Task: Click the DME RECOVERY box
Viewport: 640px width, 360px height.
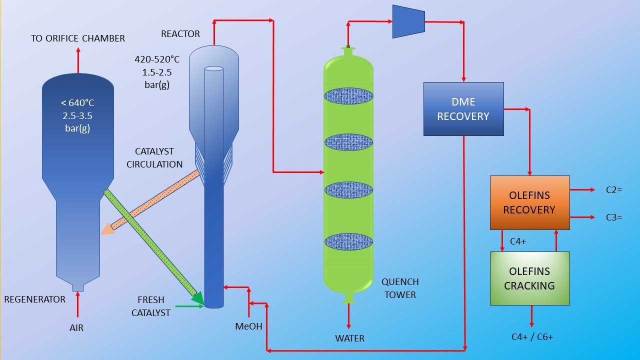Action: (x=463, y=109)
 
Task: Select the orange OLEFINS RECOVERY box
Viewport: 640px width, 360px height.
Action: (x=529, y=202)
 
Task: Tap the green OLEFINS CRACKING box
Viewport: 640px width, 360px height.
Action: (x=529, y=278)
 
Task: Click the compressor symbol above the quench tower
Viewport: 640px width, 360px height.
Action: (x=408, y=21)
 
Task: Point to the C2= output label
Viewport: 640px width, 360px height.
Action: (x=613, y=190)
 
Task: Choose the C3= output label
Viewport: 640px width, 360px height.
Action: (x=613, y=217)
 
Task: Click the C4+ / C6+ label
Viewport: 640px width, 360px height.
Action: (x=532, y=337)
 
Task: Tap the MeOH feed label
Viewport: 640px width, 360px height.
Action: (x=248, y=326)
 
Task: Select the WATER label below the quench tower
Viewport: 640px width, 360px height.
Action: (x=349, y=338)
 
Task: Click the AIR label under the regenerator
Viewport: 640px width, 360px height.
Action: (x=76, y=328)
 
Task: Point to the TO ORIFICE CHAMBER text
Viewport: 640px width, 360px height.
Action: (x=78, y=38)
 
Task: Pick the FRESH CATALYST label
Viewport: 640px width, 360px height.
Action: (x=150, y=306)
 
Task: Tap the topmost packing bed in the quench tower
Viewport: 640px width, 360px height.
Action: (x=348, y=95)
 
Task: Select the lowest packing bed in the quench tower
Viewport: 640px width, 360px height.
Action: (x=348, y=242)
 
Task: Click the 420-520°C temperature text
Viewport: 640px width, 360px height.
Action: (x=157, y=59)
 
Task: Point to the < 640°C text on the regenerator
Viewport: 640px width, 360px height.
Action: (x=77, y=103)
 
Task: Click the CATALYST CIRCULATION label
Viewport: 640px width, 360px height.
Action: (x=154, y=157)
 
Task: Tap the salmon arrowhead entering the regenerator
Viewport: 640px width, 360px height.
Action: (x=106, y=228)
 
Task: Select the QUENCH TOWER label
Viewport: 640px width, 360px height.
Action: (x=400, y=288)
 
